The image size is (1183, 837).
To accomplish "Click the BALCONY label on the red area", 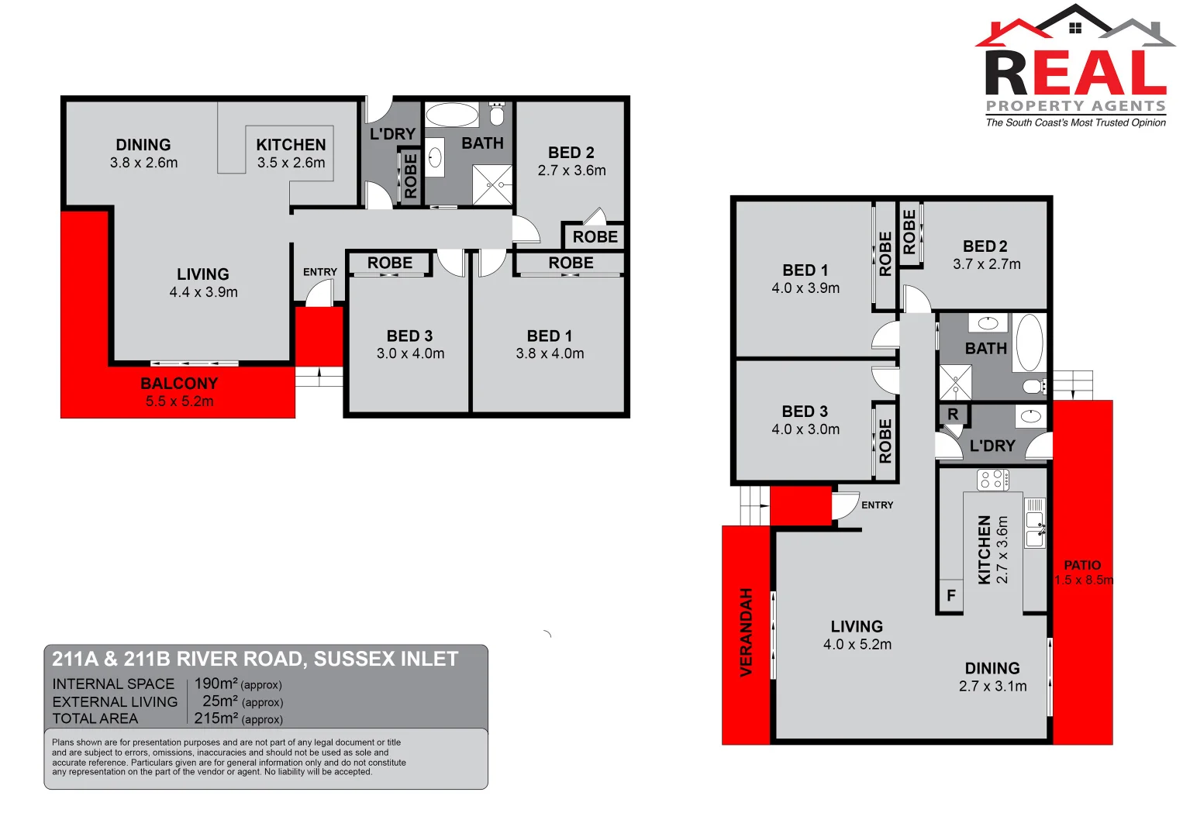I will tap(179, 384).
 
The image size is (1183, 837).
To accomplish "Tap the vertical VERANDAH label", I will tap(746, 632).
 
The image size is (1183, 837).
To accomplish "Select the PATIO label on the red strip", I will tap(1082, 565).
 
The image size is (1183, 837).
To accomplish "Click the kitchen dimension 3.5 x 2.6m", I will tap(291, 163).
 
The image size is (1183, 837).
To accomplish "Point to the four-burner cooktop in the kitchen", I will tap(992, 479).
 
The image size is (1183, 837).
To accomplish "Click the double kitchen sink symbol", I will tap(1035, 524).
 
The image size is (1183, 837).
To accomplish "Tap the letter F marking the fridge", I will tap(950, 595).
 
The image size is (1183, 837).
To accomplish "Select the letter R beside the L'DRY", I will tap(953, 415).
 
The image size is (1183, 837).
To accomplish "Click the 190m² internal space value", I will tap(216, 684).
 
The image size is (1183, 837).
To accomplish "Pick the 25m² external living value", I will tap(220, 701).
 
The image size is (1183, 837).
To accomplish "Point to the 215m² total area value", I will tap(216, 718).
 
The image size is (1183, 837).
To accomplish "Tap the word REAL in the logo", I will tap(1075, 74).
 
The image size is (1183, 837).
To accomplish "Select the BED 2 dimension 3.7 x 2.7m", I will tap(986, 264).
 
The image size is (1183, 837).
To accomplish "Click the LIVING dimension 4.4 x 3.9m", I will tap(203, 292).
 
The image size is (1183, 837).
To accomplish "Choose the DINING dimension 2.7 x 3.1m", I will tap(992, 686).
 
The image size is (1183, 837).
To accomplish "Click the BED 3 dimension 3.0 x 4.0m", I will tap(410, 353).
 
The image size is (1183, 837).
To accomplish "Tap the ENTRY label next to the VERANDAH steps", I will tap(877, 505).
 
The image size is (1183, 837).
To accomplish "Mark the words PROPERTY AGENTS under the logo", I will tap(1075, 106).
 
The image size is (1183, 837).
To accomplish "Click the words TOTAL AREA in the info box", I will tap(95, 718).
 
